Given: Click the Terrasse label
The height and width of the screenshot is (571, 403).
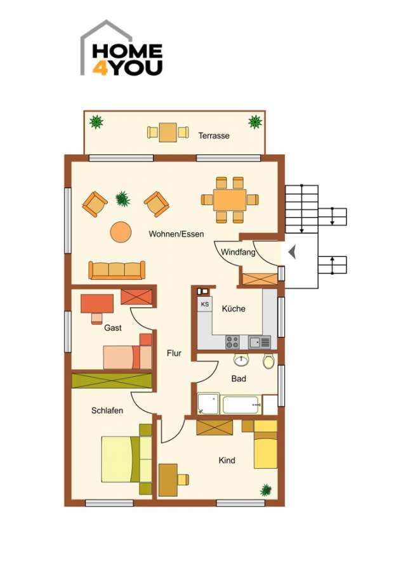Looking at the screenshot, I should tap(213, 136).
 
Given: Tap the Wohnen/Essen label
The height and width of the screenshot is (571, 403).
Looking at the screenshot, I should tap(176, 234).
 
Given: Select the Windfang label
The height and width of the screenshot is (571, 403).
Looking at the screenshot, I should tap(238, 253).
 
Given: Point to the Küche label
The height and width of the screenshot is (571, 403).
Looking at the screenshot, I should tap(233, 309).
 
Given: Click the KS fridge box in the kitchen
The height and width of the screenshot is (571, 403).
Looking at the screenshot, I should tap(205, 305).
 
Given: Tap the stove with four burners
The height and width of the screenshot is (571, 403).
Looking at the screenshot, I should tap(232, 342).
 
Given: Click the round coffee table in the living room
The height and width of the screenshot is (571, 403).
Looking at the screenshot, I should tap(121, 232).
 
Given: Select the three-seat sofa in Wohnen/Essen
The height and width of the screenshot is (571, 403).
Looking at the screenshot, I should tap(117, 270).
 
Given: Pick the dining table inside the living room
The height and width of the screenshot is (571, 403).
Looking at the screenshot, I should tap(230, 200).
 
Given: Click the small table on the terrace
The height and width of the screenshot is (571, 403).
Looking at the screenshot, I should tap(168, 132).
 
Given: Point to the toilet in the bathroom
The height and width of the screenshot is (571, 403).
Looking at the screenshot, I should tap(268, 362).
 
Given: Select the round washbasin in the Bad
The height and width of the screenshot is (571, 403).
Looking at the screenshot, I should tap(241, 361).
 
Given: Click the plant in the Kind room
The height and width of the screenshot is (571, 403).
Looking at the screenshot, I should tap(266, 490).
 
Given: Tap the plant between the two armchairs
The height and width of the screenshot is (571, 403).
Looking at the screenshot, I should tap(123, 199).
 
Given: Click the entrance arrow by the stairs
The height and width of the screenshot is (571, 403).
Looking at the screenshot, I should tap(292, 253).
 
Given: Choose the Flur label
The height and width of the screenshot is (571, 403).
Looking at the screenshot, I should tap(174, 353).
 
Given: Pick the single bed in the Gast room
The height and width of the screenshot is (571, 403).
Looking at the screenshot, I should tap(128, 357).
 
